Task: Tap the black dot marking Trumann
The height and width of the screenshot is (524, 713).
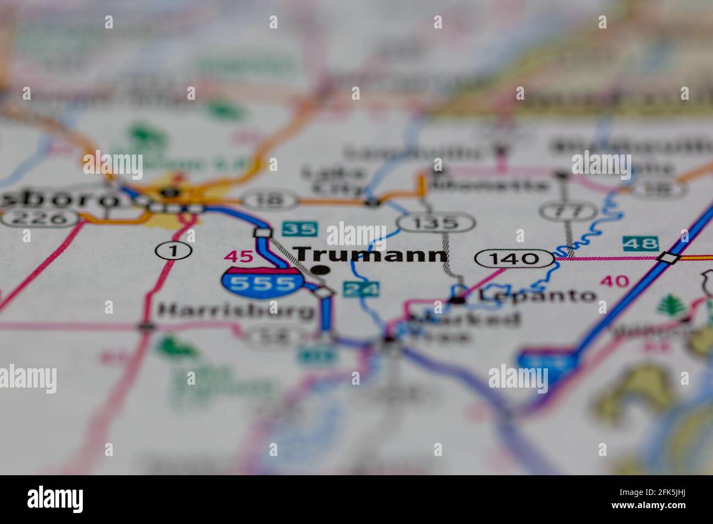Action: [320, 270]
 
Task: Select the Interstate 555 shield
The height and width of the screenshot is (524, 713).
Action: [262, 283]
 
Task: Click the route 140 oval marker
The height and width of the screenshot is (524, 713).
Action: [515, 258]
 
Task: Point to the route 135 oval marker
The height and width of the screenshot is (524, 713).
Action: [437, 223]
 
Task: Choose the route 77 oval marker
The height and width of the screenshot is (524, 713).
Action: [568, 210]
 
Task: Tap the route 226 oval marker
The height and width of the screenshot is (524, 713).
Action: [39, 218]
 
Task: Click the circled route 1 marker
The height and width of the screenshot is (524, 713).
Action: [174, 251]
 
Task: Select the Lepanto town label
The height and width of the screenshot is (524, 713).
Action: [537, 295]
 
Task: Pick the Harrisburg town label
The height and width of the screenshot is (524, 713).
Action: [236, 311]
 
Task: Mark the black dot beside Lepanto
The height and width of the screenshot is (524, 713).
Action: [457, 300]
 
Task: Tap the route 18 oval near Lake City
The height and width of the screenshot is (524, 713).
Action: [271, 201]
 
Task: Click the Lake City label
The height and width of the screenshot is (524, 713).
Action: [335, 180]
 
